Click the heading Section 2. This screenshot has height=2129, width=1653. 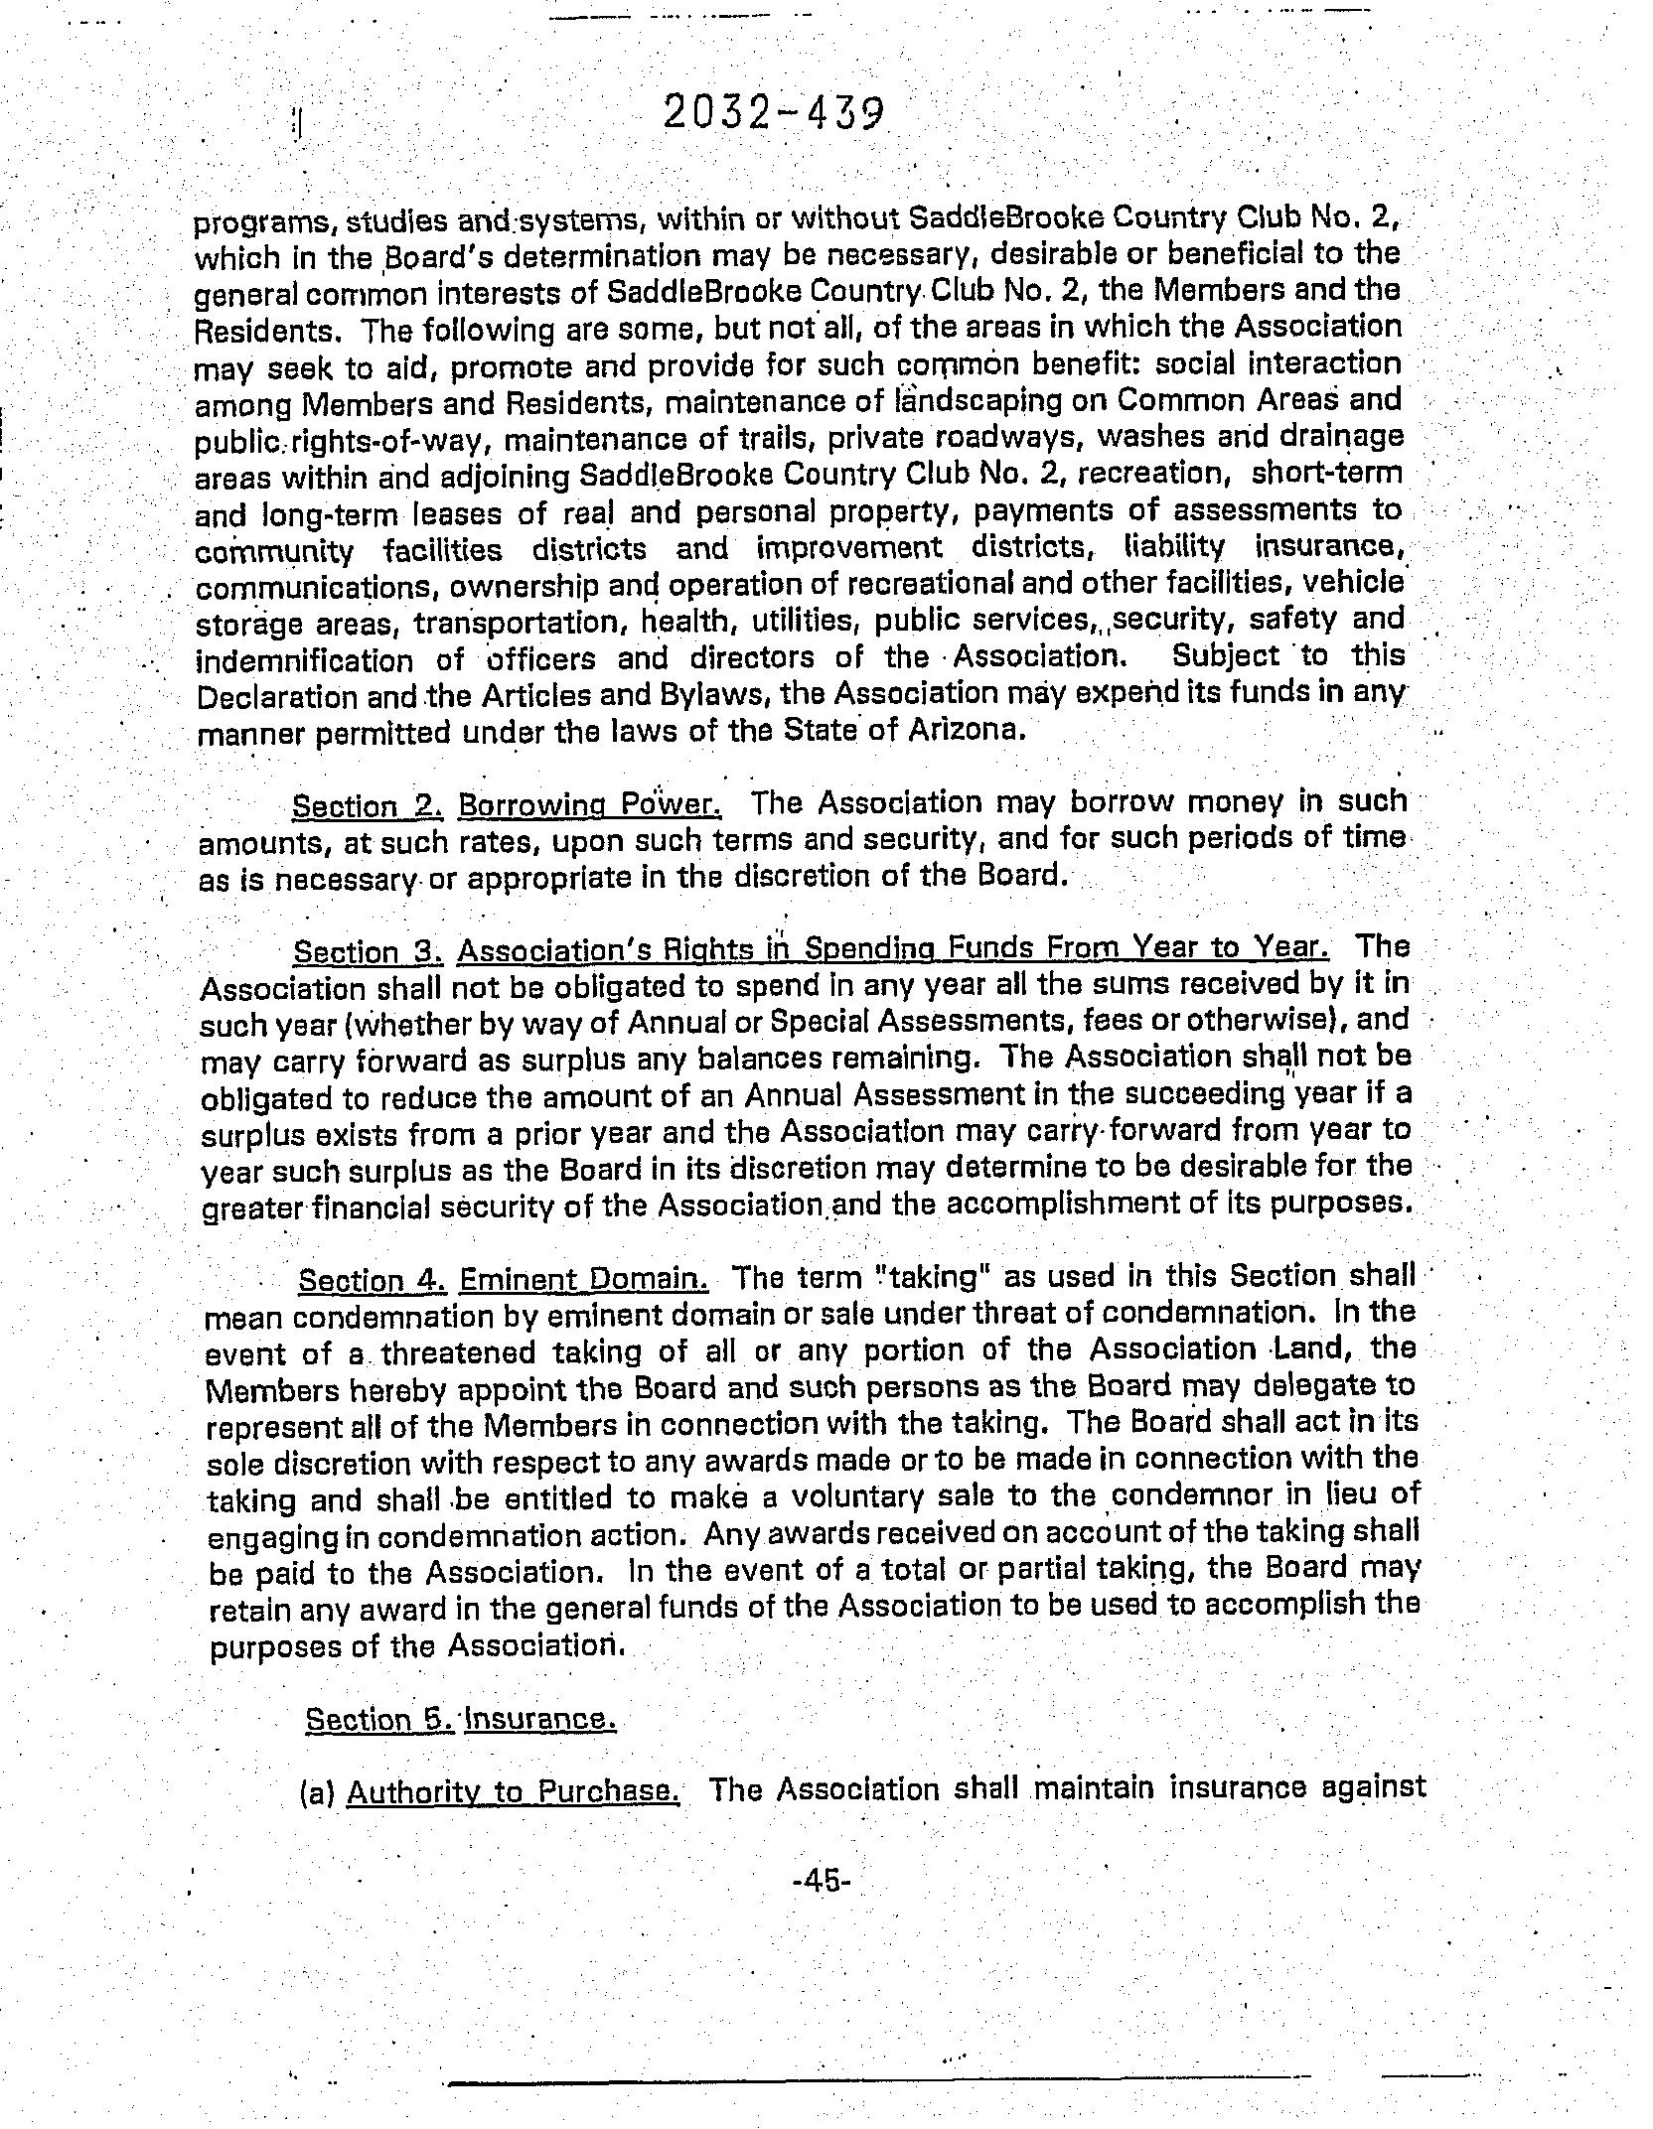tap(368, 807)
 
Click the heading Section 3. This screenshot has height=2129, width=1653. tap(369, 952)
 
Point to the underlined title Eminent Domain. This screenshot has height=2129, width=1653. tap(584, 1278)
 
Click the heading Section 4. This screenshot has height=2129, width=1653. tap(373, 1280)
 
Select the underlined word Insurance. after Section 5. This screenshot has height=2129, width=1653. tap(540, 1718)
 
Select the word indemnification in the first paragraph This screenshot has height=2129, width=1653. tap(304, 660)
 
